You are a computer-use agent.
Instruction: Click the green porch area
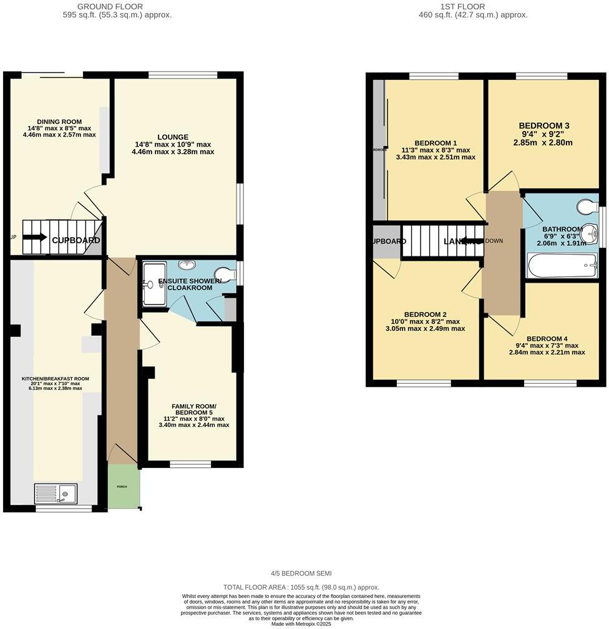pos(124,487)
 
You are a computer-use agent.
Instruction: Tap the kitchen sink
pos(56,494)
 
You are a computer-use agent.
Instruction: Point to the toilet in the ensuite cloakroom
pos(224,274)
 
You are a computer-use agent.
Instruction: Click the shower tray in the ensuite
pos(154,285)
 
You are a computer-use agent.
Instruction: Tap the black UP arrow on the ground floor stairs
pos(35,237)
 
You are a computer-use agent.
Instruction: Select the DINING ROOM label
pos(59,122)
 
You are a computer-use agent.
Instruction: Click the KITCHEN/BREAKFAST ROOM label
pos(55,379)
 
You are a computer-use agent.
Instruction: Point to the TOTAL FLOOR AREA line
pos(301,587)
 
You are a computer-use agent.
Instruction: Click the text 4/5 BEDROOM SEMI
pos(301,573)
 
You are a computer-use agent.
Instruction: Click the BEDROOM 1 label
pos(436,142)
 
